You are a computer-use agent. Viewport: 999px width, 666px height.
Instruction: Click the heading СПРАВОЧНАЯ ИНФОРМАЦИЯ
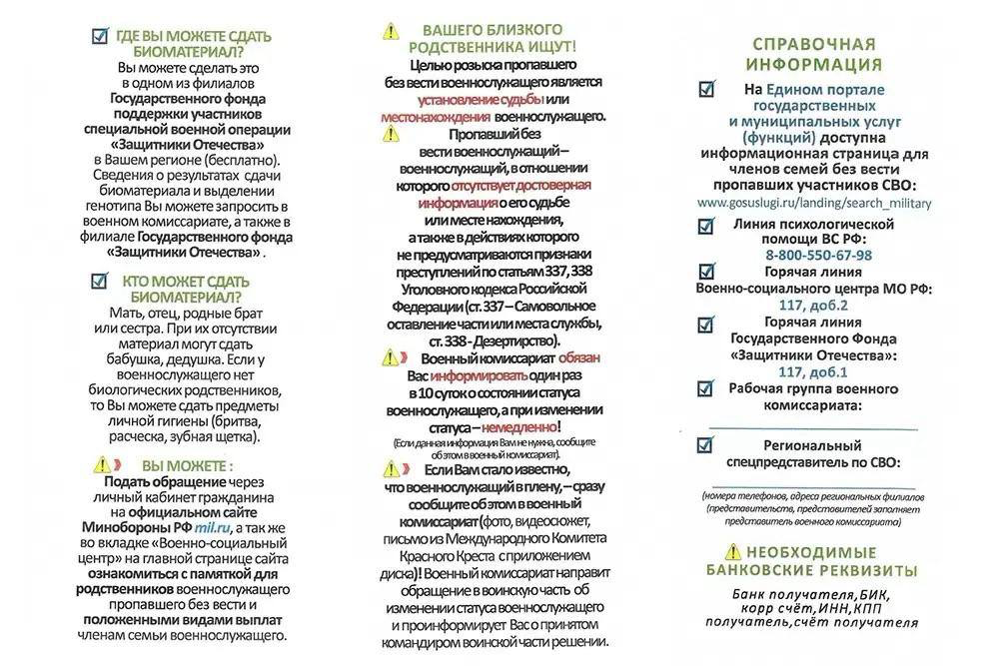pos(813,55)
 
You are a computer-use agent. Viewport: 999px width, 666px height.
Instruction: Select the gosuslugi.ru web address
pos(813,203)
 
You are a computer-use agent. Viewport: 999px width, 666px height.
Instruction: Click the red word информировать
pos(480,375)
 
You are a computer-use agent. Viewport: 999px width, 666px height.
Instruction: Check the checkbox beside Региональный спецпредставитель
pos(706,446)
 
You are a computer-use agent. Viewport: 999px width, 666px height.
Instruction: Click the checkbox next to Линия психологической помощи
pos(706,226)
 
